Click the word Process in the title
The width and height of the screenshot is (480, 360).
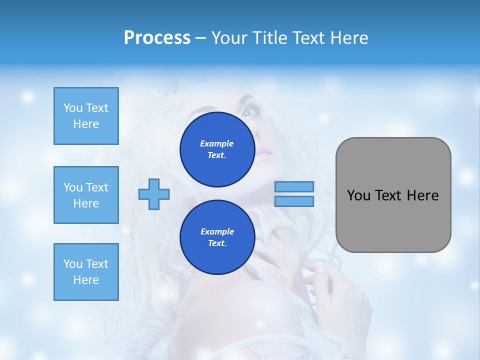click(157, 37)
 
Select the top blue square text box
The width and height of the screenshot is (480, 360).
click(86, 116)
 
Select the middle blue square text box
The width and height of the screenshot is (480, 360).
click(86, 195)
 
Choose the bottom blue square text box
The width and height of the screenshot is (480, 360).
click(86, 272)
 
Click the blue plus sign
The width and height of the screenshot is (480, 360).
click(154, 194)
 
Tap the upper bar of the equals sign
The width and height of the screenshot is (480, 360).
click(294, 186)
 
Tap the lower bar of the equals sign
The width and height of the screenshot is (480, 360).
click(294, 201)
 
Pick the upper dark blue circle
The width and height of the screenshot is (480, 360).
click(217, 149)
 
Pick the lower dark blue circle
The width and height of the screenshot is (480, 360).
click(217, 237)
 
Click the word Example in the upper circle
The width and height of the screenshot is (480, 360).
click(216, 143)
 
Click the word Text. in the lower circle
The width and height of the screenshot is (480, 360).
click(217, 243)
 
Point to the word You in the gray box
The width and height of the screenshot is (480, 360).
click(358, 195)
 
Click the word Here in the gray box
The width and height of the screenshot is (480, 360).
click(422, 195)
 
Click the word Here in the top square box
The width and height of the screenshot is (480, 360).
click(86, 124)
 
